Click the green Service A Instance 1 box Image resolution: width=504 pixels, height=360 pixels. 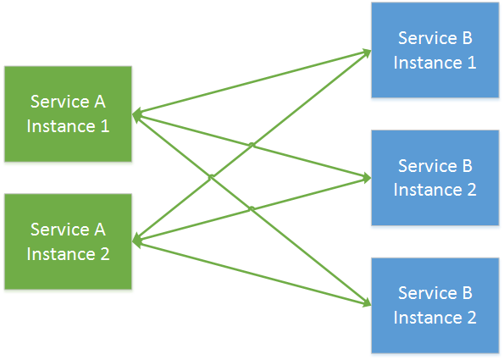tap(68, 114)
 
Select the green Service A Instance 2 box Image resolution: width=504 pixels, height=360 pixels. tap(68, 241)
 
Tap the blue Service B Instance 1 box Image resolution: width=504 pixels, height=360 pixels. tap(435, 50)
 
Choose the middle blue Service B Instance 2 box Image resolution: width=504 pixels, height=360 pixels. tap(435, 178)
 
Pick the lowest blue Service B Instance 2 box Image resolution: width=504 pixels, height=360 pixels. tap(435, 306)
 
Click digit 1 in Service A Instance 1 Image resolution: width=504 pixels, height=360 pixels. tap(104, 126)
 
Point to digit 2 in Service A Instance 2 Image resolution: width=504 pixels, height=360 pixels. tap(104, 254)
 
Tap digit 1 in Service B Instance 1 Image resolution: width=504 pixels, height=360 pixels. tap(471, 63)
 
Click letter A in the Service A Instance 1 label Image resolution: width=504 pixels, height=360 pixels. tap(99, 102)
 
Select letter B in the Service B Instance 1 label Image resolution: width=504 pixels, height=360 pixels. tap(466, 38)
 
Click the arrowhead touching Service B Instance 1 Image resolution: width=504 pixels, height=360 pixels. tap(365, 52)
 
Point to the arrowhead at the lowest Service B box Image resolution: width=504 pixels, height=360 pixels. tap(365, 302)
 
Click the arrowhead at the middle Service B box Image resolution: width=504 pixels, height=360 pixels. tap(365, 179)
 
